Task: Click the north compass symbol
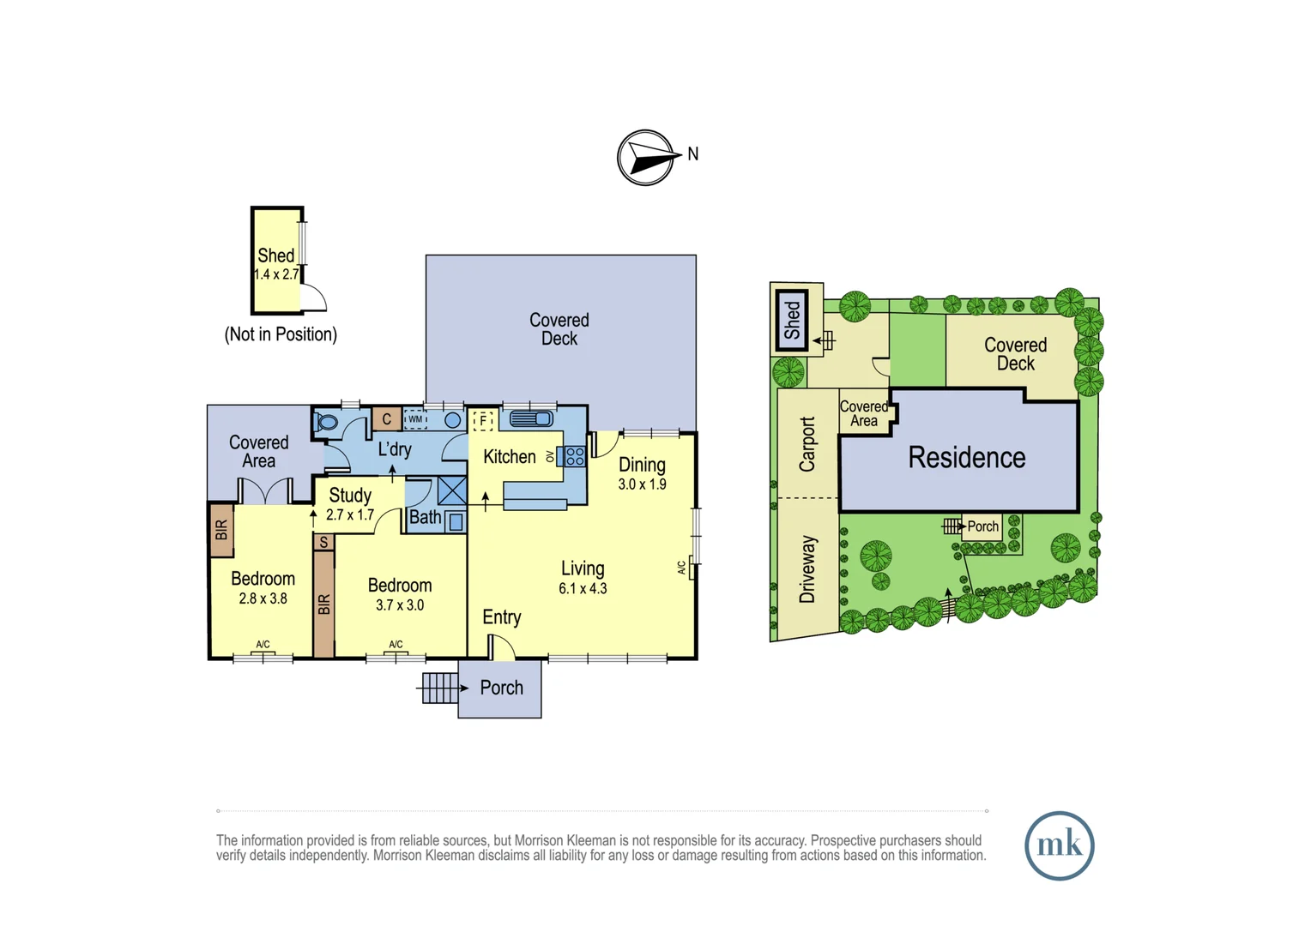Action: pos(646,158)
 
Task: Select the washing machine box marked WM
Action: pos(415,419)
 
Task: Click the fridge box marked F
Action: pos(483,420)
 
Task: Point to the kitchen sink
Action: pos(531,418)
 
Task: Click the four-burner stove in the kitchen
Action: pos(575,456)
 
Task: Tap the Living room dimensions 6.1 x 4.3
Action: pos(583,588)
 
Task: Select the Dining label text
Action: pos(642,465)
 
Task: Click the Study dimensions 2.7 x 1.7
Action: pos(350,514)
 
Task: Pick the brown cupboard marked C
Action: pos(387,418)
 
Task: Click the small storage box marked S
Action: pos(323,543)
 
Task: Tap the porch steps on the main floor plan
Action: pos(440,688)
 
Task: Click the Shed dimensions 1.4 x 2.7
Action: pos(276,274)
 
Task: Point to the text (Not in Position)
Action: pos(281,334)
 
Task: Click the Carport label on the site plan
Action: pos(807,444)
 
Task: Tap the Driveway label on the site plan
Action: pos(807,569)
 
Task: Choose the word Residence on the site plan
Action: pos(967,458)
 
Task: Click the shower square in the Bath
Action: pos(452,490)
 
